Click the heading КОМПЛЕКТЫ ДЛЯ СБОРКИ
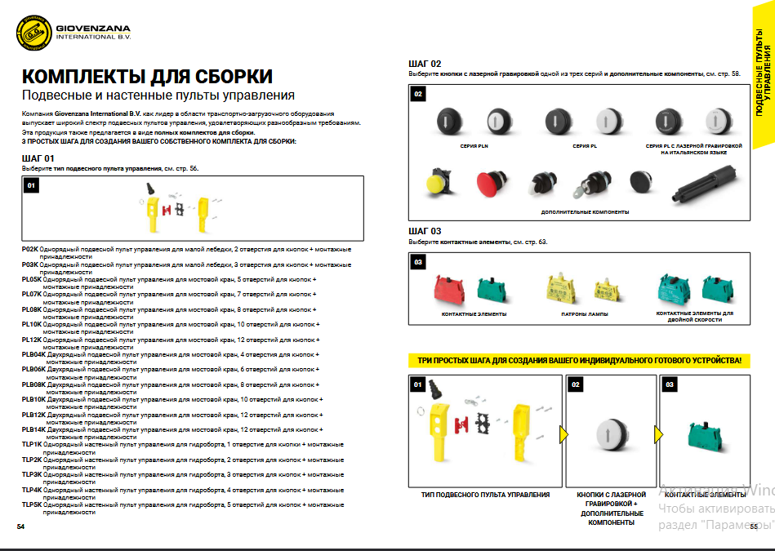147,77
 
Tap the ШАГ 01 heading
38,158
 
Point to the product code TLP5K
31,504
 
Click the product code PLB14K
33,429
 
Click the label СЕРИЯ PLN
474,146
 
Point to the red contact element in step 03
448,290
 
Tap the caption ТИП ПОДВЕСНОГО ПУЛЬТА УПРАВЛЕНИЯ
485,495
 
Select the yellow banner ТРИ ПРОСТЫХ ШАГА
578,360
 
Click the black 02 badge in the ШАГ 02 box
418,95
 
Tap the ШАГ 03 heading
425,231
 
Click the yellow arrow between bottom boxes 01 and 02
563,434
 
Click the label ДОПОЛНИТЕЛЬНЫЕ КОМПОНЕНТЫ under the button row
585,212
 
